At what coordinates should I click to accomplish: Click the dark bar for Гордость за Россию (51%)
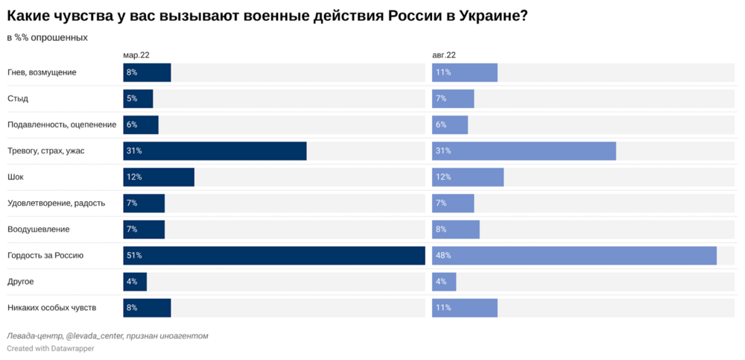273,256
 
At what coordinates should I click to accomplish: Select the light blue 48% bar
574,256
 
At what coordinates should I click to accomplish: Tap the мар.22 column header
136,55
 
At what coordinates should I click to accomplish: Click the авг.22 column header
444,55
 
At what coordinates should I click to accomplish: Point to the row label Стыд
18,98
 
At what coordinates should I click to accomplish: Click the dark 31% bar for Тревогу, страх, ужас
215,151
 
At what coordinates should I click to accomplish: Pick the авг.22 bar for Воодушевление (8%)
455,230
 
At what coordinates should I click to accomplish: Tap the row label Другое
21,282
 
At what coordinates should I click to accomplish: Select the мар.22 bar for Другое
135,282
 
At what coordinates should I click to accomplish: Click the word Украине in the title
486,16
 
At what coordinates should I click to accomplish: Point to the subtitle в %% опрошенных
47,37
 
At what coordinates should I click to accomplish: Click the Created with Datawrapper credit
51,348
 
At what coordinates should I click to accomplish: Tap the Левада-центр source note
107,335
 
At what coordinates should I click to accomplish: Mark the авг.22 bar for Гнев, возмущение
464,72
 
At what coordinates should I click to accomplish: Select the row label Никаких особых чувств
51,308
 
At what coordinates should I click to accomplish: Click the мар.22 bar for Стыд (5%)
138,98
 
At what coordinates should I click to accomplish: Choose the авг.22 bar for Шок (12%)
467,177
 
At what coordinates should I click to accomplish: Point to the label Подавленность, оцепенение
62,124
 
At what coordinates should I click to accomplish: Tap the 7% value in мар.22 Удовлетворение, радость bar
132,203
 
